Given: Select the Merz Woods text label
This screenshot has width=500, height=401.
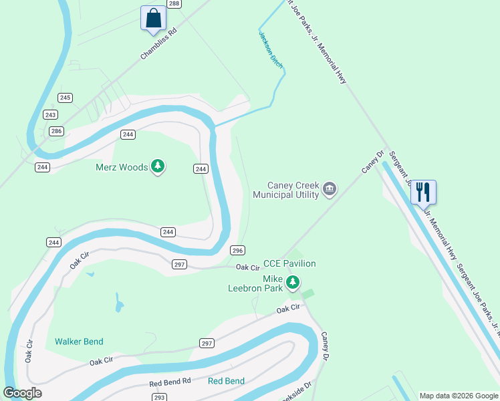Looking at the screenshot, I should [121, 167].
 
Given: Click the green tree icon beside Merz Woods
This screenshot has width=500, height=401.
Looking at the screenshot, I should [158, 166].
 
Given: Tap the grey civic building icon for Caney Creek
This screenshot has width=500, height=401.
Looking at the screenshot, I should [329, 189].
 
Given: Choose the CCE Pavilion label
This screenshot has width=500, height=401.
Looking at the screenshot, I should [289, 263].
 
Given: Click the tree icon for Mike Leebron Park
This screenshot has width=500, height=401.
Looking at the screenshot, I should [292, 283].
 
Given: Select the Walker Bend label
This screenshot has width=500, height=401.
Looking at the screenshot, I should [79, 342].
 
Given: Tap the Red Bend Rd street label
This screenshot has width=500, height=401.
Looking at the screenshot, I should [170, 380].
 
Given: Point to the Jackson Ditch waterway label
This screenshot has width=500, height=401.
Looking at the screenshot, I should [271, 49].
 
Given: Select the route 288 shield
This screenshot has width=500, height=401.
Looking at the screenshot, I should [174, 4].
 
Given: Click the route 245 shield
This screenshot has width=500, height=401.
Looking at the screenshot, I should [65, 98].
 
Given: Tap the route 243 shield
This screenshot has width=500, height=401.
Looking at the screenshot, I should [51, 114].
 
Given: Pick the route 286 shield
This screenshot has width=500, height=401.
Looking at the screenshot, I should [56, 131].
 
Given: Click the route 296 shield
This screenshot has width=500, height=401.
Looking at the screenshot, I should [237, 250].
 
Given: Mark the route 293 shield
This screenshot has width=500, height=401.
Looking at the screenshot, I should [159, 397].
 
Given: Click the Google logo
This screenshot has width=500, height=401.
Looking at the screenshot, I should [23, 393].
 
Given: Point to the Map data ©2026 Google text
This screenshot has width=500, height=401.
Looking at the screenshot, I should [458, 396].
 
